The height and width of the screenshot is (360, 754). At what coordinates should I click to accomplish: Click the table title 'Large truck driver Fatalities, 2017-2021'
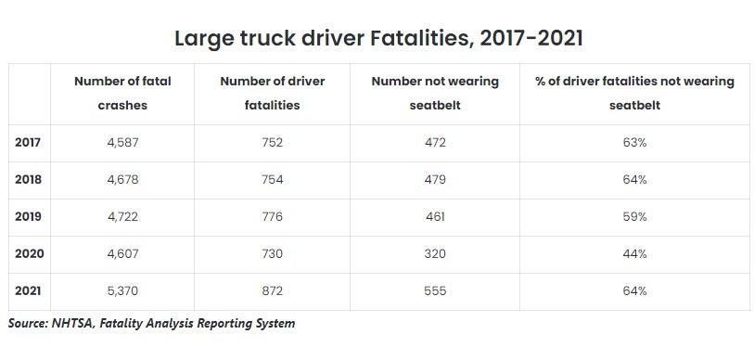[x=378, y=38]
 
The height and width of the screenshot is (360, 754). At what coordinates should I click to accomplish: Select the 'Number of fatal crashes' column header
[x=122, y=94]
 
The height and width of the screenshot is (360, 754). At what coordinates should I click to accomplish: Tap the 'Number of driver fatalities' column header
[x=272, y=94]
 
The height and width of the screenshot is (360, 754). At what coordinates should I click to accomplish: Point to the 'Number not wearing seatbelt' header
[x=435, y=94]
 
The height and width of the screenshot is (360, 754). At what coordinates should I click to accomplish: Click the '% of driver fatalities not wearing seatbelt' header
[x=634, y=94]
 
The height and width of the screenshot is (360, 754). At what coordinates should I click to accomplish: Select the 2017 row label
[x=28, y=143]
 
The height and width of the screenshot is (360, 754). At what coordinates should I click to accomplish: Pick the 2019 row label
[x=28, y=216]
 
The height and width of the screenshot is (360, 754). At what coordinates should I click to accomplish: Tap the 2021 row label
[x=28, y=291]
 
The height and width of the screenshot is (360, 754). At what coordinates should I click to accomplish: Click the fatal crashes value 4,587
[x=122, y=143]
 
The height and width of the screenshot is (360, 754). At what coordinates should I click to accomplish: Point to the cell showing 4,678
[x=122, y=180]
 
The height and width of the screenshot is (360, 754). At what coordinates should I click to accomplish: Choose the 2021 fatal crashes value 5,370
[x=122, y=291]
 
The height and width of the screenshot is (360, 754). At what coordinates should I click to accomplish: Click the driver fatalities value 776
[x=272, y=216]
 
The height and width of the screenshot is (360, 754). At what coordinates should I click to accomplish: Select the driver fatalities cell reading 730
[x=272, y=253]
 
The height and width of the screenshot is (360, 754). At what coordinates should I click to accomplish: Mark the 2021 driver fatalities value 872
[x=272, y=291]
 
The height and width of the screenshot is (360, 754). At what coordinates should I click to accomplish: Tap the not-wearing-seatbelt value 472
[x=435, y=143]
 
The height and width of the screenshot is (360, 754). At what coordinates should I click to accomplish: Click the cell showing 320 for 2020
[x=435, y=253]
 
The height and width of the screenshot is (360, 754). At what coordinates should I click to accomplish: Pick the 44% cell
[x=634, y=253]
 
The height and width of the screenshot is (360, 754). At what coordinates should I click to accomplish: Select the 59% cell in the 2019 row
[x=634, y=216]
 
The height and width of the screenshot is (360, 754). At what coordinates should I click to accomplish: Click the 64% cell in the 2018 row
[x=634, y=179]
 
